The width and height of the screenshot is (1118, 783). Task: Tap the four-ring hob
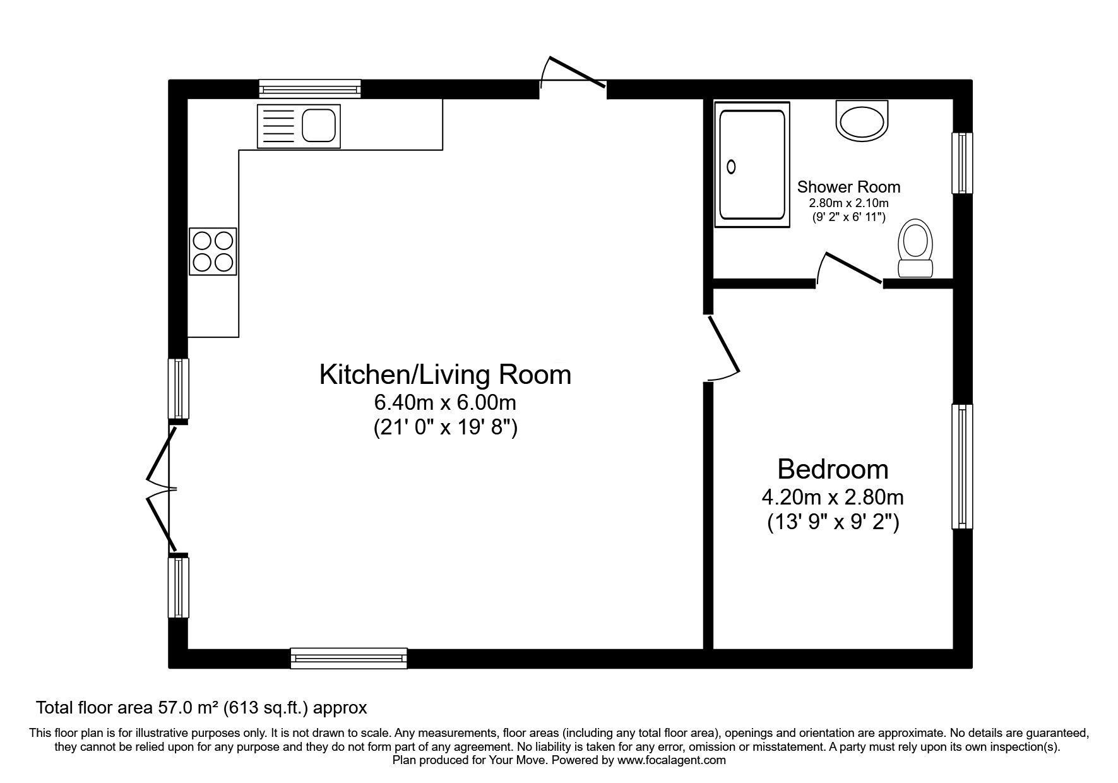213,251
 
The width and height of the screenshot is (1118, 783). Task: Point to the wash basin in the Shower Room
861,121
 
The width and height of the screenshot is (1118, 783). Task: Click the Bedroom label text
832,469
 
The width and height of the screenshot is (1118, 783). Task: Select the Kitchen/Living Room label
445,374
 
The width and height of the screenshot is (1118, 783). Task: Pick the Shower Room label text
848,187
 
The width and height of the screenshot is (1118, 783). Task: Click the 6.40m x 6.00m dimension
445,402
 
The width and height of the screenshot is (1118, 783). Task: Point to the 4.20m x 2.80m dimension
832,498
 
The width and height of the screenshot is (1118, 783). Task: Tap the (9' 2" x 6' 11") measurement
848,217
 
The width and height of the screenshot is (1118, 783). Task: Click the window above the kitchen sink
310,88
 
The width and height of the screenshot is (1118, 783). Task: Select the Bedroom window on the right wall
962,466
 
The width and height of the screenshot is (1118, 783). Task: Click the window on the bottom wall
348,658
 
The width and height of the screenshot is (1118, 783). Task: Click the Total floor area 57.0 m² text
201,707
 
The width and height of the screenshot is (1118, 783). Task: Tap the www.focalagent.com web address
671,760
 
